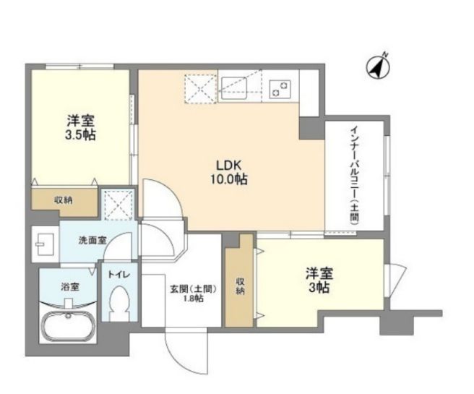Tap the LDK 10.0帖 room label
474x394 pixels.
coord(229,172)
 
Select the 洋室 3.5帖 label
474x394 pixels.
coord(80,128)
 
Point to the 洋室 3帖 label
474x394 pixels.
coord(319,280)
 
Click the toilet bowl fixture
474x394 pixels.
coord(119,302)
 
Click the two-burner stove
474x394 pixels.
coord(280,88)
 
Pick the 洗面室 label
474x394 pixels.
coord(92,241)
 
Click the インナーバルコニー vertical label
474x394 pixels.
coord(354,176)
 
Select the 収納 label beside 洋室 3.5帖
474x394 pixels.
coord(63,200)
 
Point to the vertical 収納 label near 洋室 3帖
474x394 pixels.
coord(240,286)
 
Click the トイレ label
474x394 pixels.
coord(119,275)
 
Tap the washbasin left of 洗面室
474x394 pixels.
coord(45,244)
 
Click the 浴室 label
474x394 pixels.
coord(70,287)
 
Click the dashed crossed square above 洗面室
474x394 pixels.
coord(118,205)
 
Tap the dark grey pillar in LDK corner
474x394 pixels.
coord(311,128)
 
